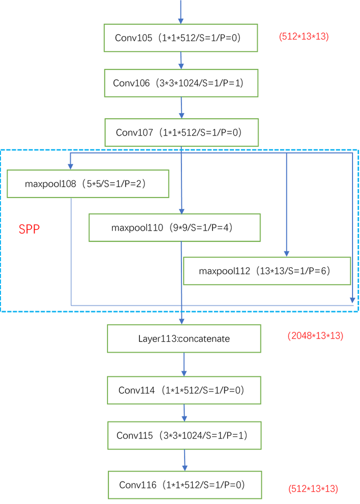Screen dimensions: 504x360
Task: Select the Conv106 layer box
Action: [x=181, y=83]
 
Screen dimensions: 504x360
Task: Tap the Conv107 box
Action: [x=181, y=132]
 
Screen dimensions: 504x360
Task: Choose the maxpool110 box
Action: [x=174, y=228]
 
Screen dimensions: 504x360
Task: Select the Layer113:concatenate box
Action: [x=184, y=338]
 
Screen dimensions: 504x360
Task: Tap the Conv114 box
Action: [x=184, y=390]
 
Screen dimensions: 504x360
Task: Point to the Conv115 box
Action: [x=184, y=435]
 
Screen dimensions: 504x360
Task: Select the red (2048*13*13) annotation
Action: [x=315, y=336]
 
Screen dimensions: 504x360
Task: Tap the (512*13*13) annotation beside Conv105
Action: [x=303, y=37]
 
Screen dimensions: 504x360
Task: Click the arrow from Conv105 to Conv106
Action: [x=181, y=60]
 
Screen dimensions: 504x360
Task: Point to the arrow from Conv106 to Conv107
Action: [x=181, y=108]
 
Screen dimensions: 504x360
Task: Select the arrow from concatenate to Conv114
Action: [x=184, y=364]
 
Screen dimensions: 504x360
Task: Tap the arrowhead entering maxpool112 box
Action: [x=286, y=253]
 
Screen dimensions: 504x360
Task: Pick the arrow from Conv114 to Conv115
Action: [x=184, y=412]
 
